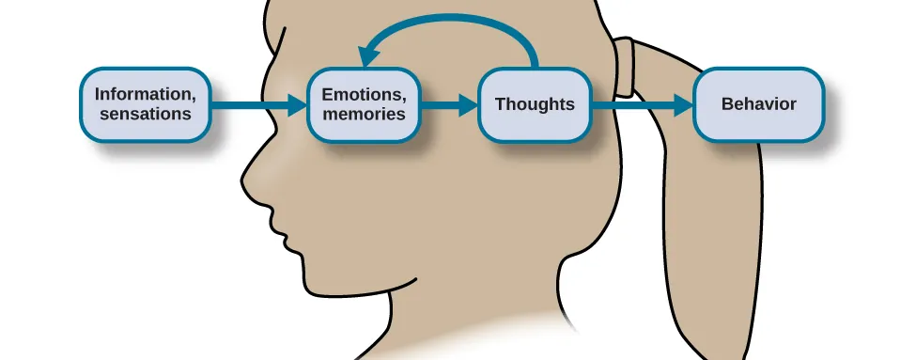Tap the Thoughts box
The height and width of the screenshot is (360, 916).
click(535, 104)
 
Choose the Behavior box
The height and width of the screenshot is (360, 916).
click(758, 104)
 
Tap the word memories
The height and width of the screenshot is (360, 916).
click(364, 114)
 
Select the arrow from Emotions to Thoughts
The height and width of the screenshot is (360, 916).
click(447, 105)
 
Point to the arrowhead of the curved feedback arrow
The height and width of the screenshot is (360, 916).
click(369, 52)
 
